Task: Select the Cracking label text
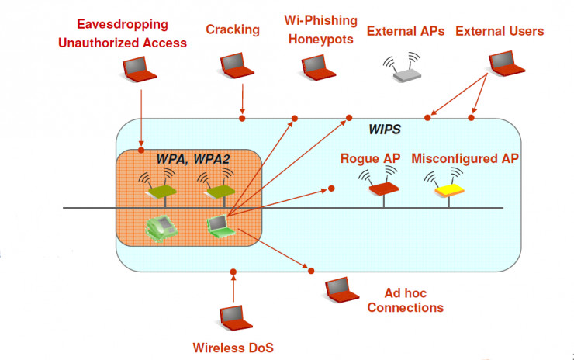coord(232,29)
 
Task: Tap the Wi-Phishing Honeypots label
coord(320,29)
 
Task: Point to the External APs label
coord(406,32)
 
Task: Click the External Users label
coord(500,31)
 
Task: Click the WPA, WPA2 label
coord(194,158)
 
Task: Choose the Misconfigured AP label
coord(465,158)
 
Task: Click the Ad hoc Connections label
coord(405,300)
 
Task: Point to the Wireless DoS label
coord(233,347)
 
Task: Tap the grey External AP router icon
coord(404,69)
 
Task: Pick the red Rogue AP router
coord(383,185)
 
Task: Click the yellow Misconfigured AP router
coord(448,187)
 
